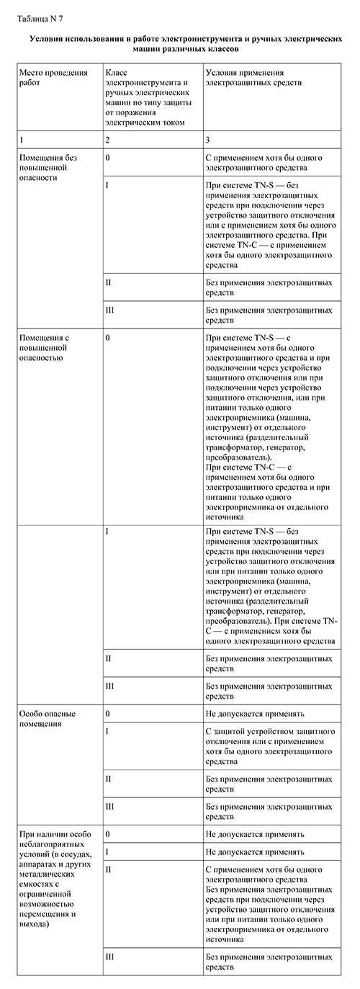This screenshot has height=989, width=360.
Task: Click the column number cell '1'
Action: (22, 138)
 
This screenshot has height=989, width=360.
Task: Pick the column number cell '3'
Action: (208, 138)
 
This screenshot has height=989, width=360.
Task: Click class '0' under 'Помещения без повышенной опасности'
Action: (107, 157)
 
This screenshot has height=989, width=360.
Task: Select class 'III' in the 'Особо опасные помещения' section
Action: (109, 807)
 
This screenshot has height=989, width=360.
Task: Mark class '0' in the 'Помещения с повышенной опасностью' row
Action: (107, 336)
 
